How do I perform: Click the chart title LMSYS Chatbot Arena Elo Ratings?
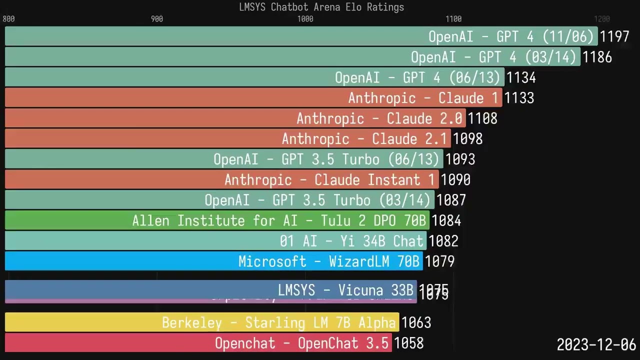coord(321,7)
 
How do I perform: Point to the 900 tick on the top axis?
coord(157,19)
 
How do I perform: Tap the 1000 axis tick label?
coord(305,19)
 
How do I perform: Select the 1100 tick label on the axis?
coord(453,19)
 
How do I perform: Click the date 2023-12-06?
coord(596,344)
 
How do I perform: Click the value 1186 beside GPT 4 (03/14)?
coord(597,57)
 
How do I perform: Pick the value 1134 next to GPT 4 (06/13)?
coord(521,77)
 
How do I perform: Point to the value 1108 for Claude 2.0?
coord(482,118)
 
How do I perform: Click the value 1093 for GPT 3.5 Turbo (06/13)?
coord(460,159)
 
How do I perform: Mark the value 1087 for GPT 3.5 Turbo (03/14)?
coord(451,200)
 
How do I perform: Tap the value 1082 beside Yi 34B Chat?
coord(443,241)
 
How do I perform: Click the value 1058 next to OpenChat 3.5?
coord(408,343)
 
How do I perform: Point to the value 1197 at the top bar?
coord(614,36)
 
